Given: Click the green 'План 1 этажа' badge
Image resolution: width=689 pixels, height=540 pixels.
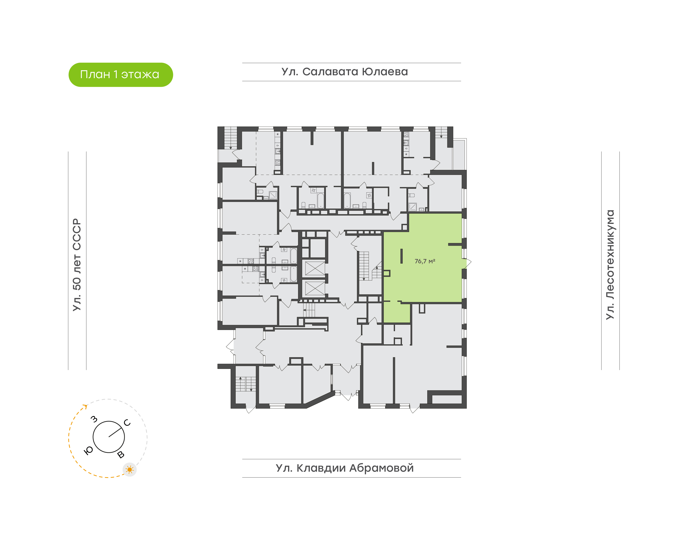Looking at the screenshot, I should pos(121,75).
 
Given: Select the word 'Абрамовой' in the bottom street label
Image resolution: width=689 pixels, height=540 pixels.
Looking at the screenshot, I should pos(381,468).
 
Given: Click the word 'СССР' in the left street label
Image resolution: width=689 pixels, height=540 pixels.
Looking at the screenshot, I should pos(77,234).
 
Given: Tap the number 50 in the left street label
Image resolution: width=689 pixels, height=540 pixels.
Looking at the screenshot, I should pos(77,284).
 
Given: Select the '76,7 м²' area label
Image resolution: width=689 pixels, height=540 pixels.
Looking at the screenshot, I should pos(425,261).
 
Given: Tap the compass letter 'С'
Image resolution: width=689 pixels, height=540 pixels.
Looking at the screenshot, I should pos(127,423).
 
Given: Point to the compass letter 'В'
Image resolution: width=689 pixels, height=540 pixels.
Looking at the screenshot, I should pos(121,455).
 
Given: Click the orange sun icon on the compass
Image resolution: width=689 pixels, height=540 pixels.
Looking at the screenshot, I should pos(129,470).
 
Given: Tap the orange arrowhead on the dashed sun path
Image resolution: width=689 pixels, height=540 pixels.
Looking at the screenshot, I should pos(85,406).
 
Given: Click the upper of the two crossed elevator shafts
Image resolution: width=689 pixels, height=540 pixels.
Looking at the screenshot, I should pos(315,268).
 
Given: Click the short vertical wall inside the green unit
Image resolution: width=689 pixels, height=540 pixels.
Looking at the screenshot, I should pos(401,256).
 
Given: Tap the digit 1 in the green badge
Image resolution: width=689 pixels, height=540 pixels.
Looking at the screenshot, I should pos(115,75).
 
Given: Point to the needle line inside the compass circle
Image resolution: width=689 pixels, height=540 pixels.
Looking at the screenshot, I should pos(116,432).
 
